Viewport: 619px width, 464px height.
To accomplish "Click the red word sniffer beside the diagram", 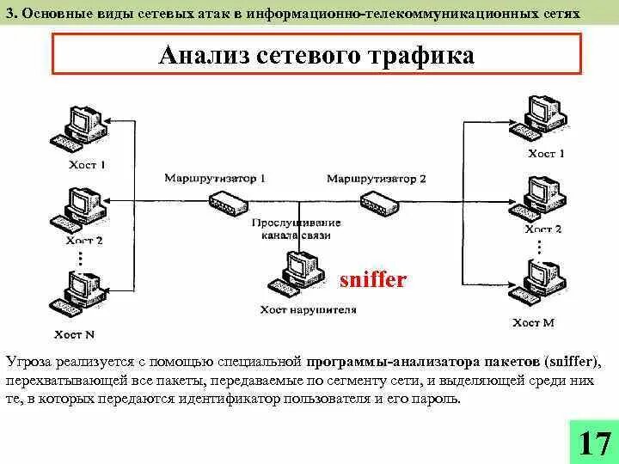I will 372,280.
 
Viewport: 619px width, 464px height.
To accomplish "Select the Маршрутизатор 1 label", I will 215,179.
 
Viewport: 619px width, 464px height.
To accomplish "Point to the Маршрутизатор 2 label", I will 376,179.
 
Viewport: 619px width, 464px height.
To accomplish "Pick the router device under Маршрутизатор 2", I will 378,203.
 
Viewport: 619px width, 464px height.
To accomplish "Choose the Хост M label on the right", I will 533,323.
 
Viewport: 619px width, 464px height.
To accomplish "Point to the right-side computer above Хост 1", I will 537,117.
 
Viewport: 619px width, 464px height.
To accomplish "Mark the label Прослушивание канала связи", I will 297,229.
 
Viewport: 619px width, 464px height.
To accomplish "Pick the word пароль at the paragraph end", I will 438,399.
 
